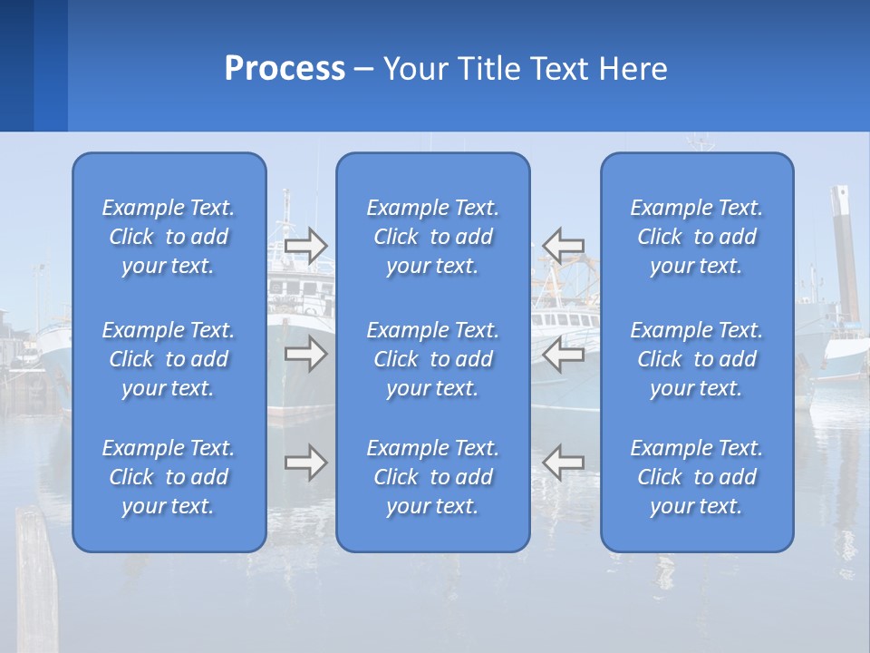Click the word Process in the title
(x=285, y=69)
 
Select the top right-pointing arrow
(x=305, y=246)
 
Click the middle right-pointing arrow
(x=305, y=354)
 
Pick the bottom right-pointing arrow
(x=305, y=463)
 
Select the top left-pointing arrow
(x=563, y=245)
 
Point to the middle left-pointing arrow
(x=563, y=354)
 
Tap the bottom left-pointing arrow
(x=563, y=462)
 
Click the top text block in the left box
(x=169, y=237)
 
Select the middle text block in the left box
(x=169, y=359)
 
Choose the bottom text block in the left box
(x=169, y=477)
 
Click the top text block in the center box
(x=433, y=237)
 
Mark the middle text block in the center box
(x=433, y=359)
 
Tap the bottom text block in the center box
(x=433, y=477)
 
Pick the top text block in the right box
(x=697, y=237)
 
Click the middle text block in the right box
(x=697, y=359)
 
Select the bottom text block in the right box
(x=697, y=477)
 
